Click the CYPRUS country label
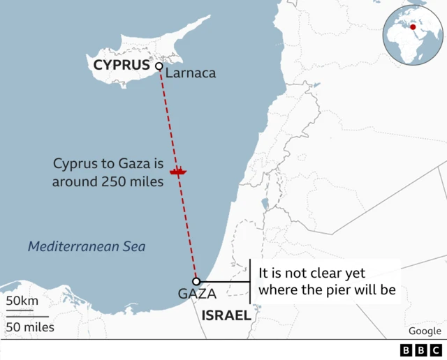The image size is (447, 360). (x=122, y=66)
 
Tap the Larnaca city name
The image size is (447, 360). (x=191, y=73)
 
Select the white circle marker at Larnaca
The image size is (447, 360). (x=159, y=66)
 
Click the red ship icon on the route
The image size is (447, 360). (x=179, y=170)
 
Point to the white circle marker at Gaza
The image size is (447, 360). (x=197, y=281)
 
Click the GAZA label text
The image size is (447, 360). (x=197, y=294)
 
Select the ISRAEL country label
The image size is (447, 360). (x=226, y=315)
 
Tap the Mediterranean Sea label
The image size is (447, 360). (x=87, y=246)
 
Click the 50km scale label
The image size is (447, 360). (x=22, y=301)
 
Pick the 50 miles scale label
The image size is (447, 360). (x=30, y=327)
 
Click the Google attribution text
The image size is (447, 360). (x=425, y=331)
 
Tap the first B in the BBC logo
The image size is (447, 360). (x=406, y=350)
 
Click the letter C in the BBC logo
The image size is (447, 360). (x=435, y=350)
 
